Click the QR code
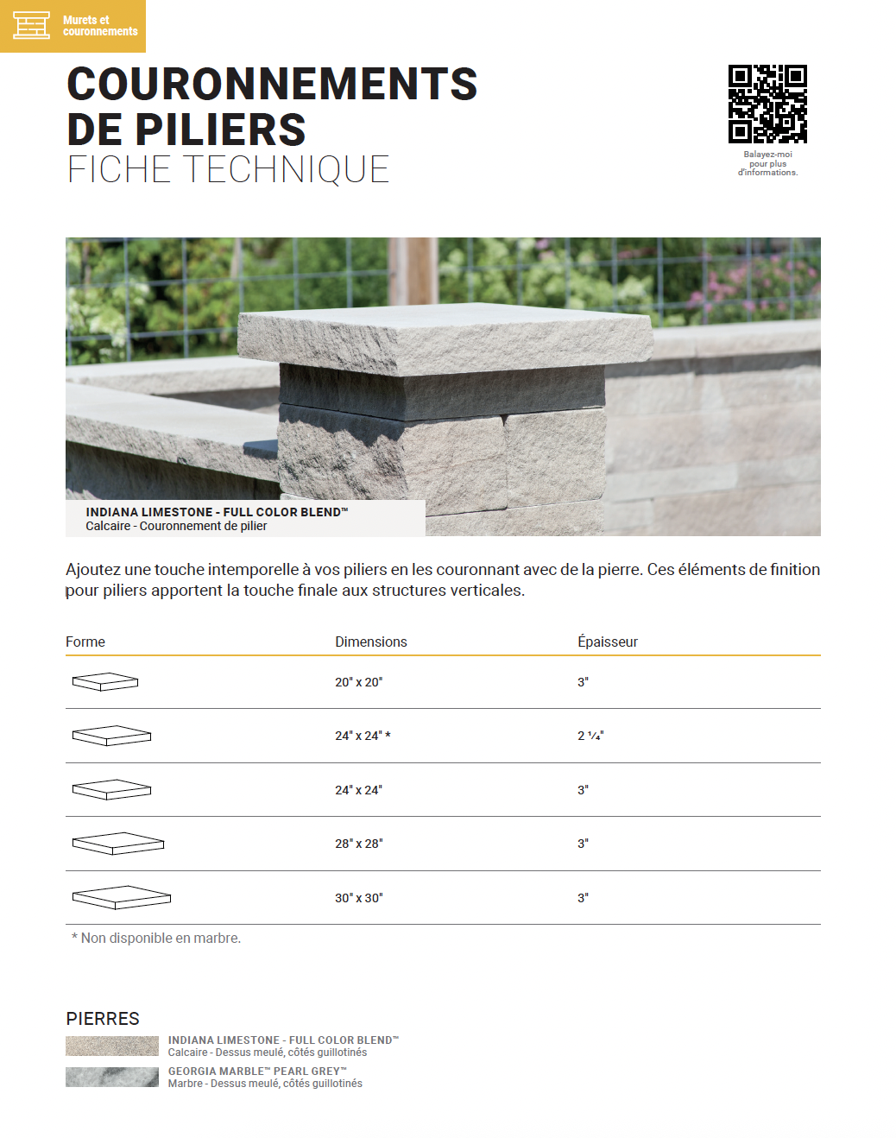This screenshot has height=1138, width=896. click(x=767, y=104)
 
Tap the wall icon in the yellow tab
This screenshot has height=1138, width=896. click(x=31, y=25)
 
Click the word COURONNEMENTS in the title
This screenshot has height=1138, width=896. click(x=272, y=85)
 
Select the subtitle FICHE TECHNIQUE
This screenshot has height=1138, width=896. click(x=228, y=170)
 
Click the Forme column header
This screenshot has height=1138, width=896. click(x=85, y=642)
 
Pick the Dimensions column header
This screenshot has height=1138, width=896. click(x=370, y=642)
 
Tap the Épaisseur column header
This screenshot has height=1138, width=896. click(x=607, y=642)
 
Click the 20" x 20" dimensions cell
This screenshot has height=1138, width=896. click(x=358, y=682)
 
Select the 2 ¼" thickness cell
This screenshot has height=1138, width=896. click(x=590, y=736)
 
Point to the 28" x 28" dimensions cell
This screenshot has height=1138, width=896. click(x=358, y=844)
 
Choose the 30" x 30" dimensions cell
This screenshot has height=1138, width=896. click(x=358, y=898)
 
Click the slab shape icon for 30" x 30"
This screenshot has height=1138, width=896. click(x=122, y=897)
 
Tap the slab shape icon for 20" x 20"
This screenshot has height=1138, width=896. click(x=105, y=682)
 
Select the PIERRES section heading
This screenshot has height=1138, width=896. click(x=103, y=1019)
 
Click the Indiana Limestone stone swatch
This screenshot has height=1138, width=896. click(x=112, y=1046)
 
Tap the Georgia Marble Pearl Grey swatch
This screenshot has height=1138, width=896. click(x=112, y=1077)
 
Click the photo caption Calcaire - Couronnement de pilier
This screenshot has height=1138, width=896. click(x=176, y=526)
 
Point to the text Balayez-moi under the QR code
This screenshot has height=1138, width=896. click(x=767, y=155)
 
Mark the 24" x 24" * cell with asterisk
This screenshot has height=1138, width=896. click(x=363, y=736)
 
